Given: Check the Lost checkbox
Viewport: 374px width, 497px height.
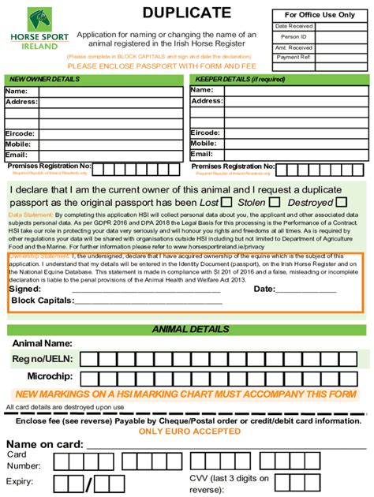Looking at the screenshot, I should pos(226,203).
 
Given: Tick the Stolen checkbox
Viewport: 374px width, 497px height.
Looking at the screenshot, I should pos(275,203).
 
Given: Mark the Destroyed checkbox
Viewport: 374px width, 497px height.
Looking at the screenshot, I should pos(342,203).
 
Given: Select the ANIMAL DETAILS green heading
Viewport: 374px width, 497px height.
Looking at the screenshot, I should pos(190,330).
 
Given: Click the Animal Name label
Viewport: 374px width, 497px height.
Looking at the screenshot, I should pos(41,344).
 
